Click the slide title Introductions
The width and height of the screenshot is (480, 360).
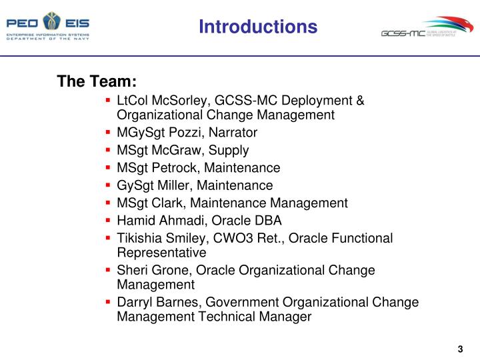tap(257, 27)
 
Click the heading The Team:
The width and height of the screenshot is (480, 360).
tap(97, 81)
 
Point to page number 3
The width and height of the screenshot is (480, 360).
tap(460, 349)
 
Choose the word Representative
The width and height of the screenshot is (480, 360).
tap(161, 253)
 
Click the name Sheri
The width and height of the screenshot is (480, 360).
tap(132, 270)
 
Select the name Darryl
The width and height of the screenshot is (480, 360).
tap(135, 302)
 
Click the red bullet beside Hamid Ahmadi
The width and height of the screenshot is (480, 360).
tap(108, 220)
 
